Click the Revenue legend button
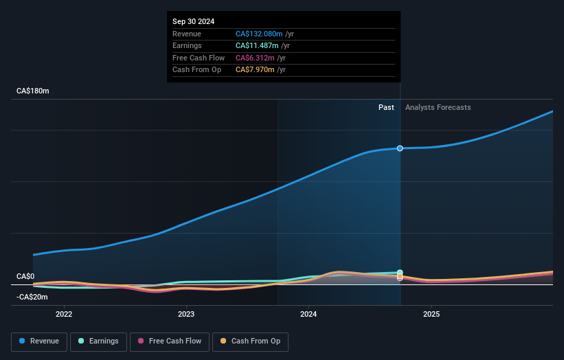(x=38, y=341)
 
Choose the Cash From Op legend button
(x=250, y=341)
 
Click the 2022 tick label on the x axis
(x=64, y=315)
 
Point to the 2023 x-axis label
(x=186, y=315)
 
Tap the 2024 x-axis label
(x=308, y=315)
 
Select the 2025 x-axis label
(x=431, y=315)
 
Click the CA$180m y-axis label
(x=33, y=91)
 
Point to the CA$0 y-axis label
(x=25, y=276)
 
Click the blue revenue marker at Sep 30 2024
(x=400, y=148)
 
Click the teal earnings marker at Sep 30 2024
(x=400, y=273)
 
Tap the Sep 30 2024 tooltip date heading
(x=194, y=21)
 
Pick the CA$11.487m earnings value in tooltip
(x=254, y=45)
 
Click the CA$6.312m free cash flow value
(x=253, y=58)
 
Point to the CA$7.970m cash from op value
(x=253, y=69)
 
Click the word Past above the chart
(x=386, y=107)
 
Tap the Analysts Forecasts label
(x=438, y=107)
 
